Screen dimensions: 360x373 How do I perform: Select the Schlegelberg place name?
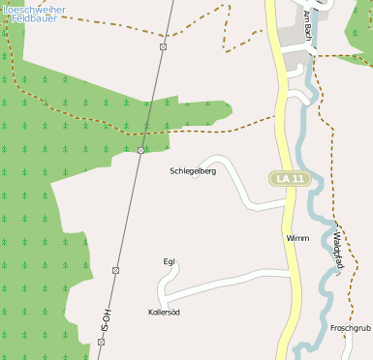[x=193, y=170]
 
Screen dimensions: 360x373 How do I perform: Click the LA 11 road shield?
[x=290, y=179]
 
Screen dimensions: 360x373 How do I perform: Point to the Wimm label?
[x=297, y=237]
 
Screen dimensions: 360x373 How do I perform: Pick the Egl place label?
[x=169, y=261]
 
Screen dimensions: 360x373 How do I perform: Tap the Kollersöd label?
[x=164, y=313]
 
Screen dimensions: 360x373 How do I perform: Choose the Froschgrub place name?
[x=351, y=328]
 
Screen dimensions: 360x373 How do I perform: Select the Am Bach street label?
[x=307, y=25]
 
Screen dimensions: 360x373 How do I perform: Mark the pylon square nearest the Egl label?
[x=115, y=270]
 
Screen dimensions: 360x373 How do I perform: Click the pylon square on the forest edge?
[x=141, y=150]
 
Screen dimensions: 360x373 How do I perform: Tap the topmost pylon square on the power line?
[x=164, y=46]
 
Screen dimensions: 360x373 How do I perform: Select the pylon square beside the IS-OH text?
[x=101, y=342]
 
